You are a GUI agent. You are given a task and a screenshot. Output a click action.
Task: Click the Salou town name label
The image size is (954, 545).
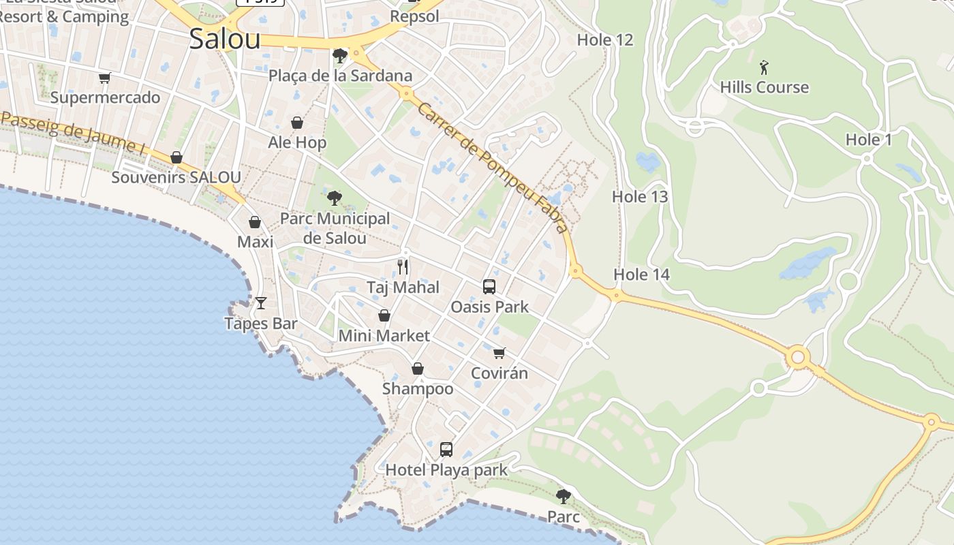pyautogui.click(x=225, y=39)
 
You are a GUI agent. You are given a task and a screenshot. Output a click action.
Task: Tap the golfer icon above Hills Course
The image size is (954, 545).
pyautogui.click(x=764, y=67)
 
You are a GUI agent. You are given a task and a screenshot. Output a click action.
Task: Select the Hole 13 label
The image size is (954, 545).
pyautogui.click(x=640, y=197)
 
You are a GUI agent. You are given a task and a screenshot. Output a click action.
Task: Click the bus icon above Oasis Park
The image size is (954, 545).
pyautogui.click(x=489, y=287)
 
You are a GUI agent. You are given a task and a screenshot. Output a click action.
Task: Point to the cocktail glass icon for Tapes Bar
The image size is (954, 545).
pyautogui.click(x=261, y=302)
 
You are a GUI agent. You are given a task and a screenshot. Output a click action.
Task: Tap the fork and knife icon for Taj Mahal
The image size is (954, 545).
pyautogui.click(x=403, y=266)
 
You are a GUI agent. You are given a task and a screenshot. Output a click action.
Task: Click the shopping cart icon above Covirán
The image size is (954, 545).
pyautogui.click(x=499, y=353)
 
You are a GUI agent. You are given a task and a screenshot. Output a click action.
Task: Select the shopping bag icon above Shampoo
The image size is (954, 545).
pyautogui.click(x=418, y=369)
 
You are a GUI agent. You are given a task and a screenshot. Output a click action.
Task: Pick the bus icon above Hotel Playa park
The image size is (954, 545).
pyautogui.click(x=446, y=450)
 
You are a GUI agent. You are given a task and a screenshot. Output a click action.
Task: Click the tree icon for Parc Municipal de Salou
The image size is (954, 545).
pyautogui.click(x=335, y=198)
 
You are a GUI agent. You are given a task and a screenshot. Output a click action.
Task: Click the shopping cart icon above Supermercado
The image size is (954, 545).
pyautogui.click(x=104, y=78)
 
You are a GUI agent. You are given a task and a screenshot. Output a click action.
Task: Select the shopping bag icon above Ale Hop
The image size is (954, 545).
pyautogui.click(x=297, y=123)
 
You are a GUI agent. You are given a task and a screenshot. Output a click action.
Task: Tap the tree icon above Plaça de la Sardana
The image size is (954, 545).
pyautogui.click(x=339, y=55)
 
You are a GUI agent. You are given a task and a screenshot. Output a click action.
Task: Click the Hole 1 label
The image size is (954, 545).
pyautogui.click(x=868, y=140)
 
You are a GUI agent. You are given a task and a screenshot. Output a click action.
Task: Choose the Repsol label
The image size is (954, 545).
pyautogui.click(x=414, y=16)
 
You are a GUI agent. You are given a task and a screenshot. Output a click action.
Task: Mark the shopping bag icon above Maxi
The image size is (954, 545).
pyautogui.click(x=255, y=222)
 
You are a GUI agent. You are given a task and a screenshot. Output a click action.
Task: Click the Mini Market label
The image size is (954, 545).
pyautogui.click(x=384, y=336)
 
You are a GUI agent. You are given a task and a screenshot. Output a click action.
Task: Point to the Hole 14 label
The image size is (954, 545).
pyautogui.click(x=642, y=275)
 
